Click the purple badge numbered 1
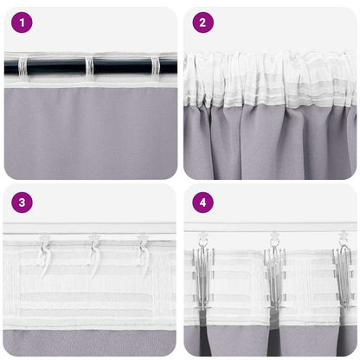(22, 22)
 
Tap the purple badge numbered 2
(202, 22)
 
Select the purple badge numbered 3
(22, 204)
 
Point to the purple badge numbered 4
(202, 204)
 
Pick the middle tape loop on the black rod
(87, 66)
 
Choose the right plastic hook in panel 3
(143, 251)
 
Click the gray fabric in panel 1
(90, 130)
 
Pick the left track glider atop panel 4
(203, 235)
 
